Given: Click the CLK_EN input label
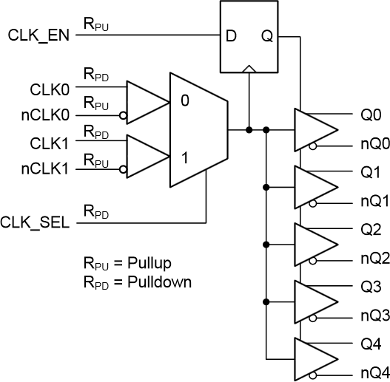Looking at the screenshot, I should (x=38, y=35).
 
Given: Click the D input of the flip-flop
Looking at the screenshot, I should (x=231, y=35).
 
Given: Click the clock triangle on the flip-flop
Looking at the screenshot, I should (x=249, y=67).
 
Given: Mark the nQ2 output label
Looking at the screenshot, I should (x=372, y=258).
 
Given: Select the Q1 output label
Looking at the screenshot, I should (x=370, y=172).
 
